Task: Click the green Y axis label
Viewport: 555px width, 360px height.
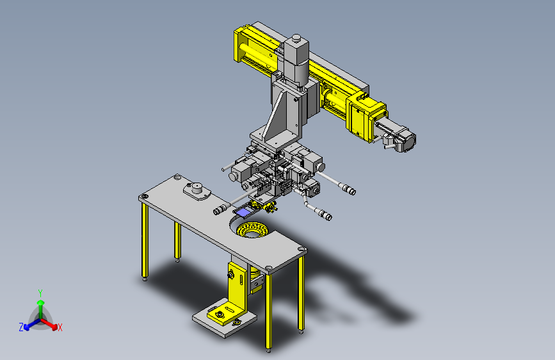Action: coord(40,293)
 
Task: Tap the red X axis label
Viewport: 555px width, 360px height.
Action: coord(60,327)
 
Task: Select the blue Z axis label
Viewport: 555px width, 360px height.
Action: coord(21,327)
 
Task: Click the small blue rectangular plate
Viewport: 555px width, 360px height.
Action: coord(243,212)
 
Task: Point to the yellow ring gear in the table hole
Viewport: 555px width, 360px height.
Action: coord(252,229)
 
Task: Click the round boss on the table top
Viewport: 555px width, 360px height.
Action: coord(197,189)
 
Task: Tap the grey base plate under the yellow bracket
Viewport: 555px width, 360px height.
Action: coord(225,318)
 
